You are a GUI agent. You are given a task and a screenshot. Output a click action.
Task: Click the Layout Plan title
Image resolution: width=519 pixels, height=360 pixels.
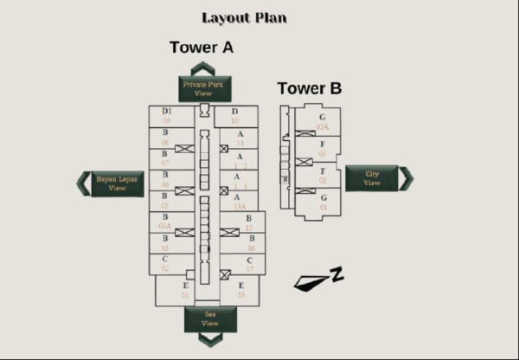(244, 17)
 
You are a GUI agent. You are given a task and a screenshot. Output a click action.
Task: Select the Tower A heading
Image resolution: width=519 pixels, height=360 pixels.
(201, 48)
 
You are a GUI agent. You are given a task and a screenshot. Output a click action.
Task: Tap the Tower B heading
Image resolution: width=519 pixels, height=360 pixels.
(309, 88)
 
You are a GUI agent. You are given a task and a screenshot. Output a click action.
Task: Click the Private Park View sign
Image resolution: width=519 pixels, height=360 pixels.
(204, 88)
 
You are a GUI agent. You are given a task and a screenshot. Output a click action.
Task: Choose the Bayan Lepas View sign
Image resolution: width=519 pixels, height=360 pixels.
(117, 183)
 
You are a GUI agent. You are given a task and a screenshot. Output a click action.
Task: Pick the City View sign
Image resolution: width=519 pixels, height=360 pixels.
(372, 178)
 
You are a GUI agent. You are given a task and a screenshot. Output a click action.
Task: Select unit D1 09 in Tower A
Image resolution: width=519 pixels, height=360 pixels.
(166, 116)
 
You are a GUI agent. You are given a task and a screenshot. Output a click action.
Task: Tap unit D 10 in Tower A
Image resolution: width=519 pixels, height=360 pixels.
(234, 116)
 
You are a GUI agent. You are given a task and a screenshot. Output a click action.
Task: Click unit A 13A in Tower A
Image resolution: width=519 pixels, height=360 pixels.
(238, 202)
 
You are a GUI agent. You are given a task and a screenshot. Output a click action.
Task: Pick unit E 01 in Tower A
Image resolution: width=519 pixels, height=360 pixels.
(184, 291)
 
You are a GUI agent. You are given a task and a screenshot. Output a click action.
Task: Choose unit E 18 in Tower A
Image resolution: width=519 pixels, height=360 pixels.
(240, 291)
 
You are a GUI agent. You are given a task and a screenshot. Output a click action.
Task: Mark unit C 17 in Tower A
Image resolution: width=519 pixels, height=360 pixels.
(249, 264)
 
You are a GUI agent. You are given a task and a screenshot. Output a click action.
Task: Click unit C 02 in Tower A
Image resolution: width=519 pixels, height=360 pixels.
(164, 264)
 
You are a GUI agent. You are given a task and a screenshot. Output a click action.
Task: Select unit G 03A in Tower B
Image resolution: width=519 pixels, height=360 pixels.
(322, 122)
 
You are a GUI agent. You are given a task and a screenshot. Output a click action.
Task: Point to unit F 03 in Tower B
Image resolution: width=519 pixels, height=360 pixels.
(322, 149)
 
